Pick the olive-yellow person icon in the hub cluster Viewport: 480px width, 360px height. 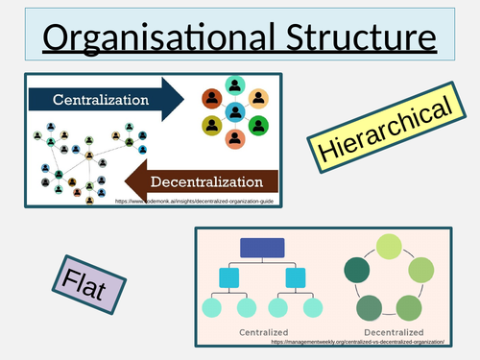pyautogui.click(x=211, y=126)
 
